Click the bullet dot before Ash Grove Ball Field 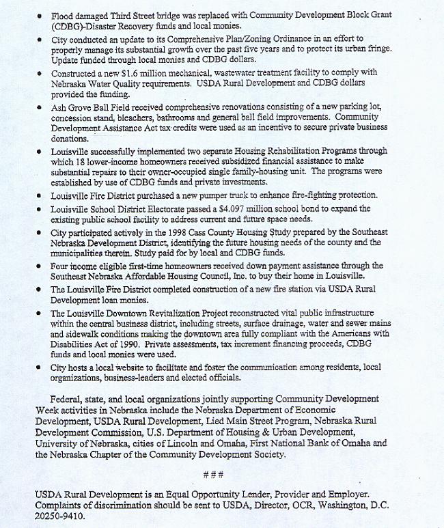[x=40, y=108]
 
